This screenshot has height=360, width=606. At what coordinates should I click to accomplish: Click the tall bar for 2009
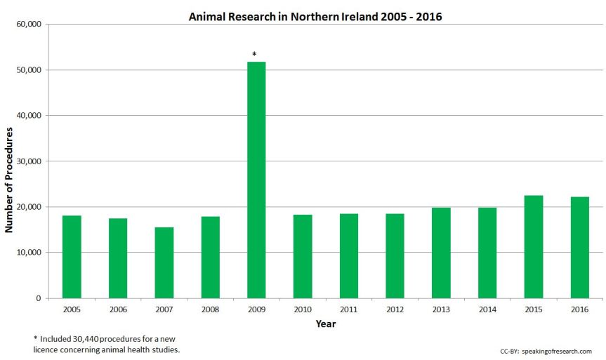(256, 180)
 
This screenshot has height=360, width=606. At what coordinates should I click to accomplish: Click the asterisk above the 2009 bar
(254, 54)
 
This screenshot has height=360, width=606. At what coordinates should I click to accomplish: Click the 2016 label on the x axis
(579, 309)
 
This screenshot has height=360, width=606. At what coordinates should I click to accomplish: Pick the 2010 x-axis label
(303, 309)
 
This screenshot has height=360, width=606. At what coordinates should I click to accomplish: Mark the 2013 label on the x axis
(441, 309)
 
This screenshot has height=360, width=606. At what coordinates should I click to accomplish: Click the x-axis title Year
(325, 324)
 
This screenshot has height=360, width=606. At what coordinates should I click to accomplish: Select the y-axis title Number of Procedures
(10, 180)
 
